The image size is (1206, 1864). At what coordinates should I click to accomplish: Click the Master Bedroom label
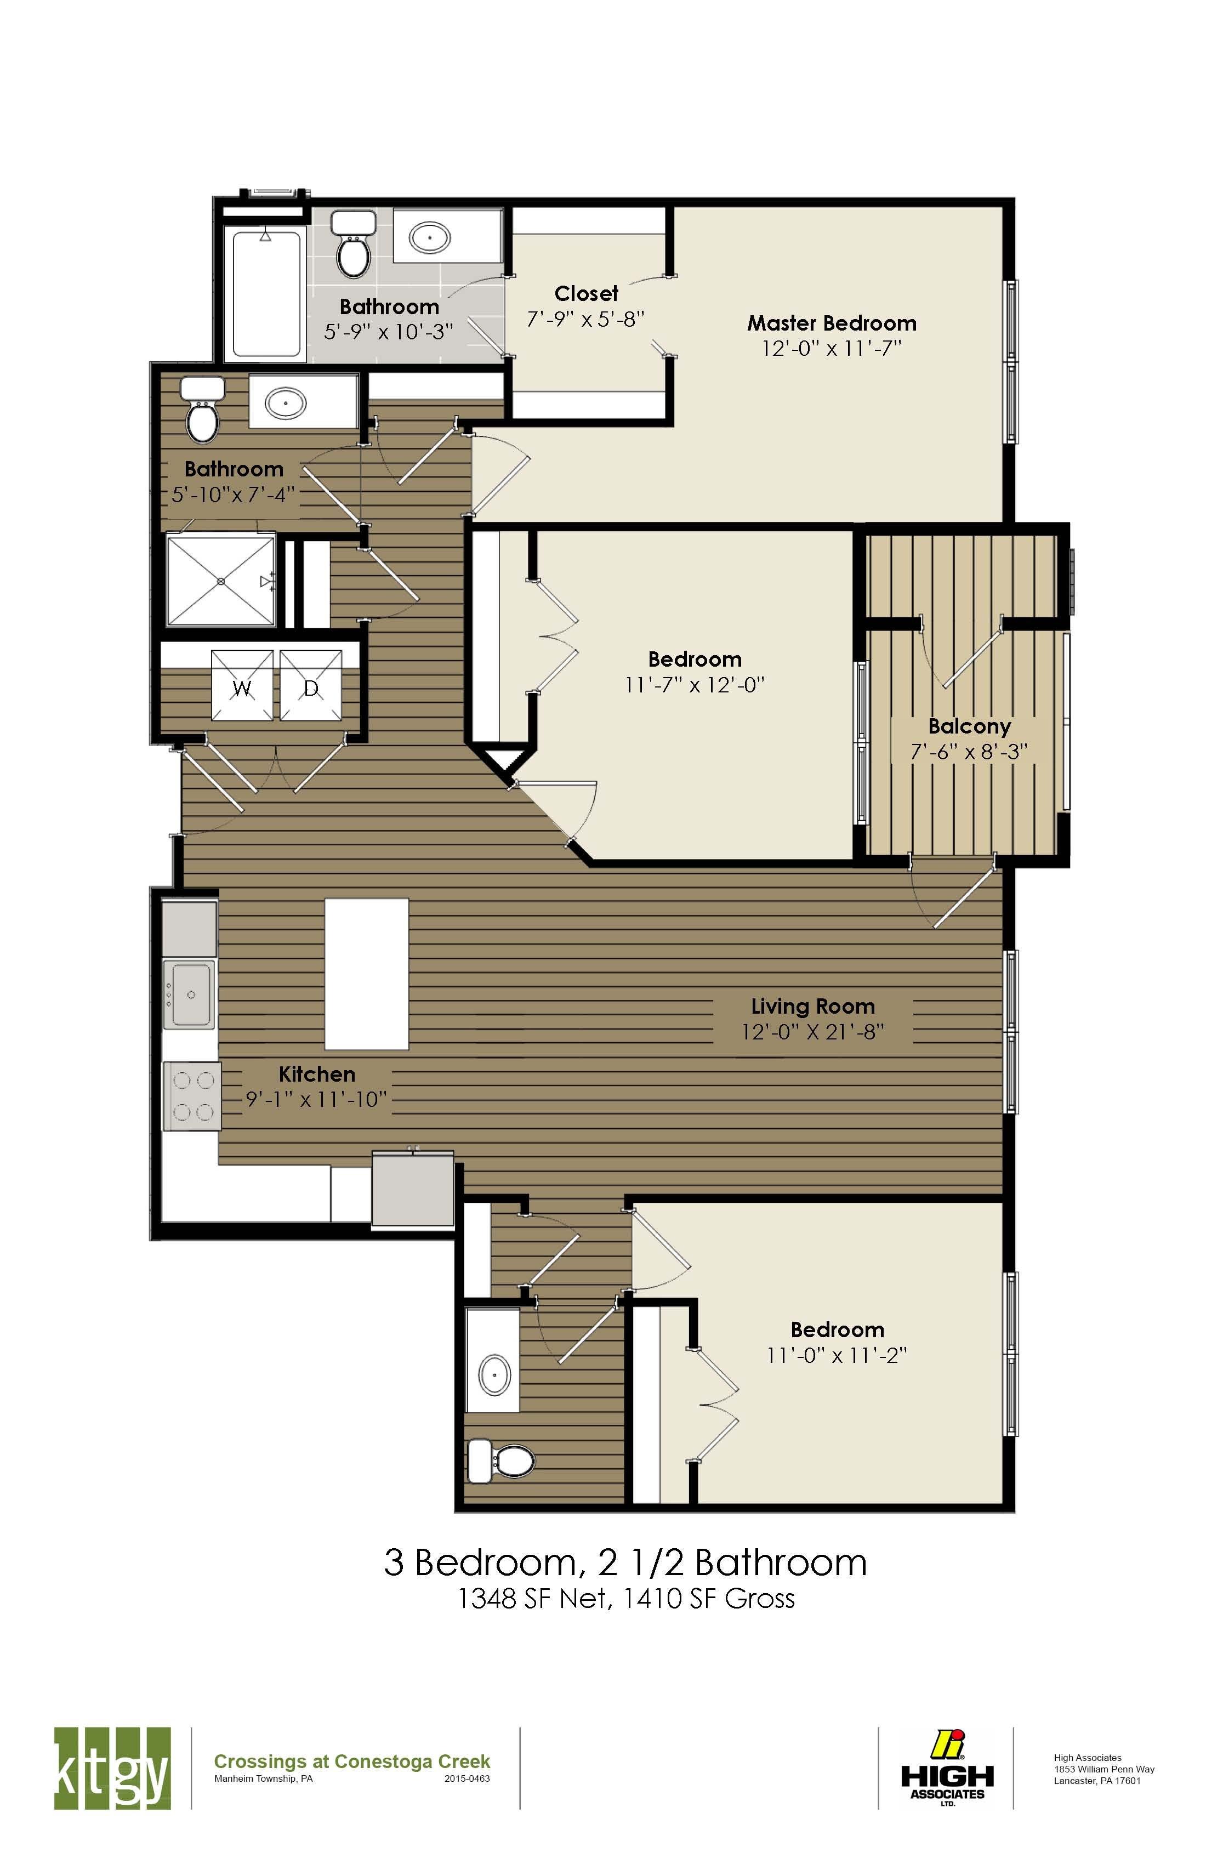[831, 323]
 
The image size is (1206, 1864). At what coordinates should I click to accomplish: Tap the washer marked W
[243, 685]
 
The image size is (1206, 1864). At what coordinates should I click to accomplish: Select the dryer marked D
[311, 685]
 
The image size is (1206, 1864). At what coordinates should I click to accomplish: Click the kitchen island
[367, 974]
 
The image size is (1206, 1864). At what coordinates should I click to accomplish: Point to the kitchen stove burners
[192, 1096]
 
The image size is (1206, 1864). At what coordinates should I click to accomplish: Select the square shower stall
[221, 581]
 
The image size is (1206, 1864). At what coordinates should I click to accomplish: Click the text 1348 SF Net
[533, 1599]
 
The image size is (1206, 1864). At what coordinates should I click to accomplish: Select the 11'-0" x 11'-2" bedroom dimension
[837, 1355]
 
